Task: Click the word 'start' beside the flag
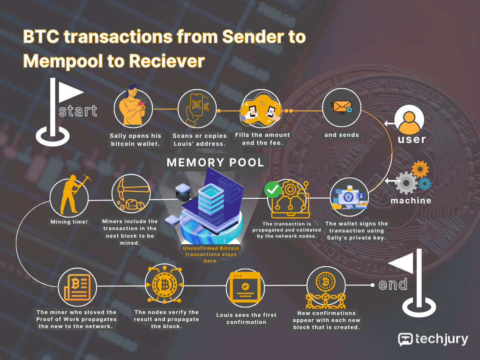pos(78,111)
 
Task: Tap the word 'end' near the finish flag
pos(393,285)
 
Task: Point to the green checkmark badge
pos(272,190)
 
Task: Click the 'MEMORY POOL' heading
pos(215,162)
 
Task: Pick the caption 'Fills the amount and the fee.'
pos(262,139)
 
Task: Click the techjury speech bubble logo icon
pos(405,339)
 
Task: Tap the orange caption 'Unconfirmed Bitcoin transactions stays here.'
pos(211,255)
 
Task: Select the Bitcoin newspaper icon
pos(77,287)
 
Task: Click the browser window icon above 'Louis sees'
pos(245,287)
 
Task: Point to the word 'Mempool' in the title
pos(63,61)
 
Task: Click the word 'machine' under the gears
pos(411,201)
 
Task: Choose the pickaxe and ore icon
pos(131,195)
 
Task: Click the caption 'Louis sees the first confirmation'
pos(247,318)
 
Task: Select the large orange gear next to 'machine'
pos(420,169)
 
